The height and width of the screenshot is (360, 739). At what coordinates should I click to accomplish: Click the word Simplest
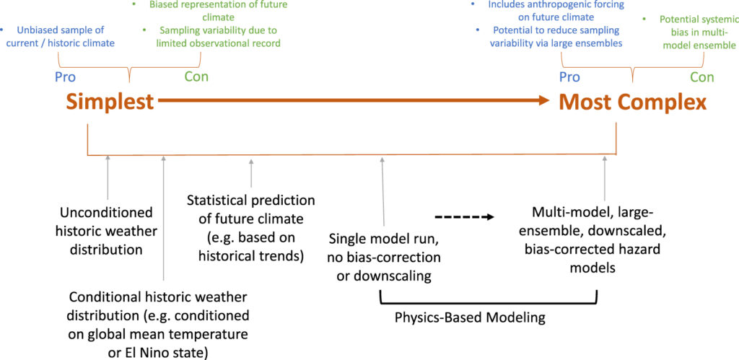(x=110, y=101)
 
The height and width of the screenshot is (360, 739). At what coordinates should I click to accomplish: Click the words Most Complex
(x=632, y=102)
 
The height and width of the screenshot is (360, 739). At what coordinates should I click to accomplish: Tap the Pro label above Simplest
(x=66, y=76)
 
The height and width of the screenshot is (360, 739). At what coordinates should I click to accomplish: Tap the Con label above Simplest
(x=196, y=76)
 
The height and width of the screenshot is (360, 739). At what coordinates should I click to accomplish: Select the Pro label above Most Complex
(x=569, y=76)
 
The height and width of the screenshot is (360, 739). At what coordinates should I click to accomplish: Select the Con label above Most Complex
(x=702, y=76)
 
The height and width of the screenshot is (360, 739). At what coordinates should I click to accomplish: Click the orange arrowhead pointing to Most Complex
(x=543, y=100)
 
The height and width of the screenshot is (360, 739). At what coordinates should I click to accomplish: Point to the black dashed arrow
(x=464, y=217)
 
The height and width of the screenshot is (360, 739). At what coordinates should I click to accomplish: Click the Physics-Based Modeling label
(x=470, y=317)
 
